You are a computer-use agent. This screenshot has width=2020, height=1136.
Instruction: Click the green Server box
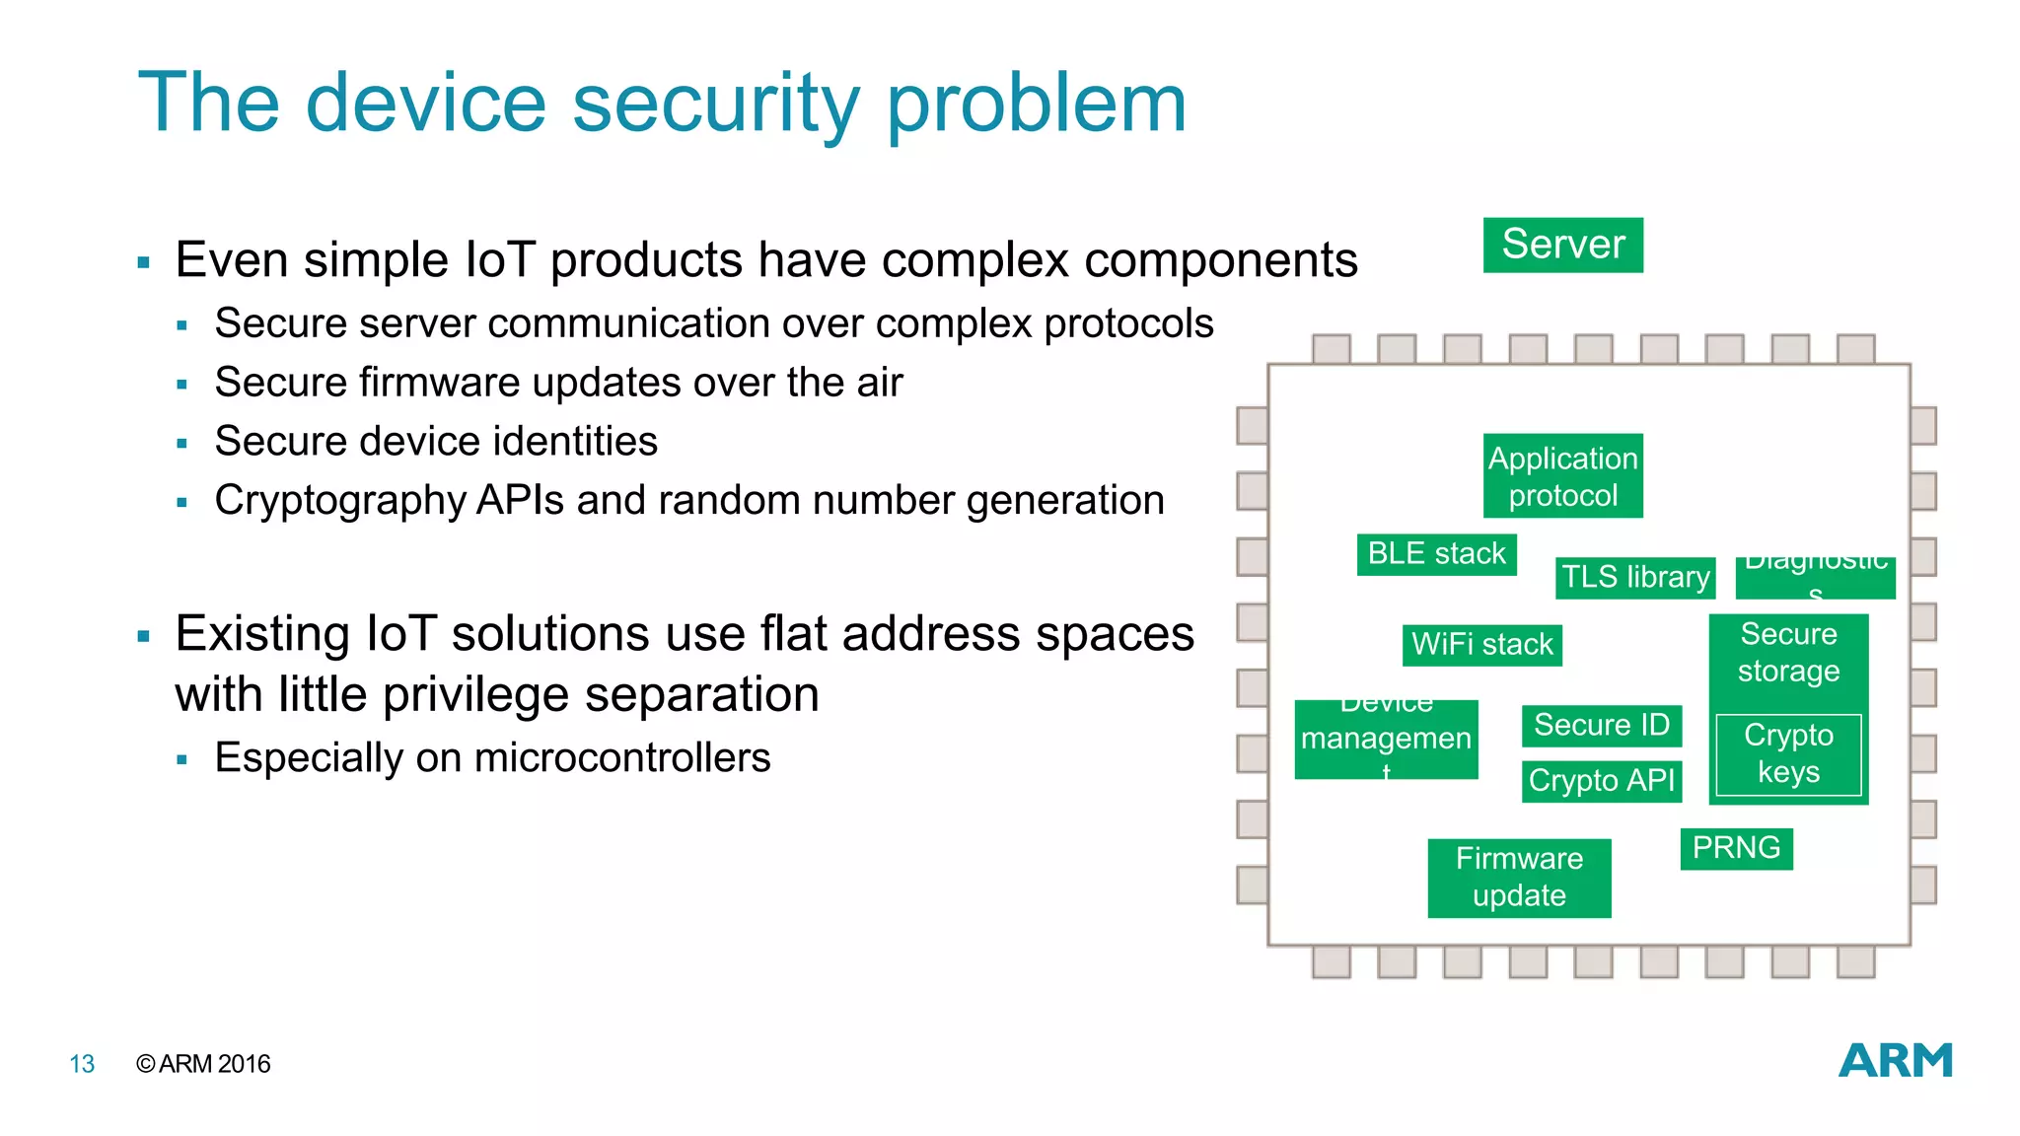pos(1562,245)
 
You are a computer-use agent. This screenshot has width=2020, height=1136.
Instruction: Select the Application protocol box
pos(1562,476)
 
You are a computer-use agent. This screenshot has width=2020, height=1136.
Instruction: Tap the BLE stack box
pos(1436,554)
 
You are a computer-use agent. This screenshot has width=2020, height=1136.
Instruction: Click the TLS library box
pos(1635,577)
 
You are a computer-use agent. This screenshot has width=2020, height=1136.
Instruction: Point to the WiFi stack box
pos(1481,645)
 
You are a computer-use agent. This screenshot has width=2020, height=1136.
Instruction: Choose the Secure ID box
pos(1601,726)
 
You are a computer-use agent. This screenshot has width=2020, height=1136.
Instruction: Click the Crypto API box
pos(1601,781)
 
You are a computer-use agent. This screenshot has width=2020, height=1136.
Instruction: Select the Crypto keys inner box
pos(1788,754)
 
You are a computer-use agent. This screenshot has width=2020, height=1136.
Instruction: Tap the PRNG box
pos(1736,848)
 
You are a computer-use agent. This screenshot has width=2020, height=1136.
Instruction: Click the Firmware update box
pos(1519,878)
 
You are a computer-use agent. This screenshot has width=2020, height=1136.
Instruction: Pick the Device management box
pos(1386,740)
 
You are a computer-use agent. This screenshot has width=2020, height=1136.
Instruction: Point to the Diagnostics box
pos(1815,578)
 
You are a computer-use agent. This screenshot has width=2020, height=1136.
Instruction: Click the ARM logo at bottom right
pos(1895,1061)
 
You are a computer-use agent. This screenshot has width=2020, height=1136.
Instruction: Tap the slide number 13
pos(82,1064)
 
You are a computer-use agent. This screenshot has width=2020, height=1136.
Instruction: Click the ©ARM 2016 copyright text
pos(203,1064)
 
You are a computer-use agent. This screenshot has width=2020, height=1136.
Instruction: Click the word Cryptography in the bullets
pos(340,501)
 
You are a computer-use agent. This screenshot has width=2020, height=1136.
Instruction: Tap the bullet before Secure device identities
pos(181,444)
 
